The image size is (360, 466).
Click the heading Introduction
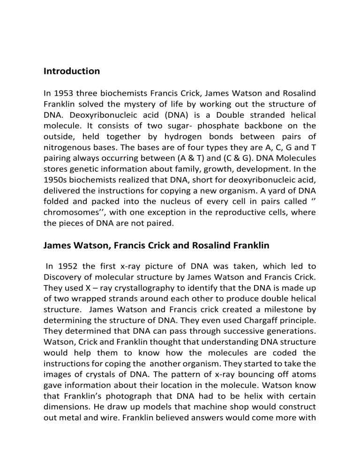71,72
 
